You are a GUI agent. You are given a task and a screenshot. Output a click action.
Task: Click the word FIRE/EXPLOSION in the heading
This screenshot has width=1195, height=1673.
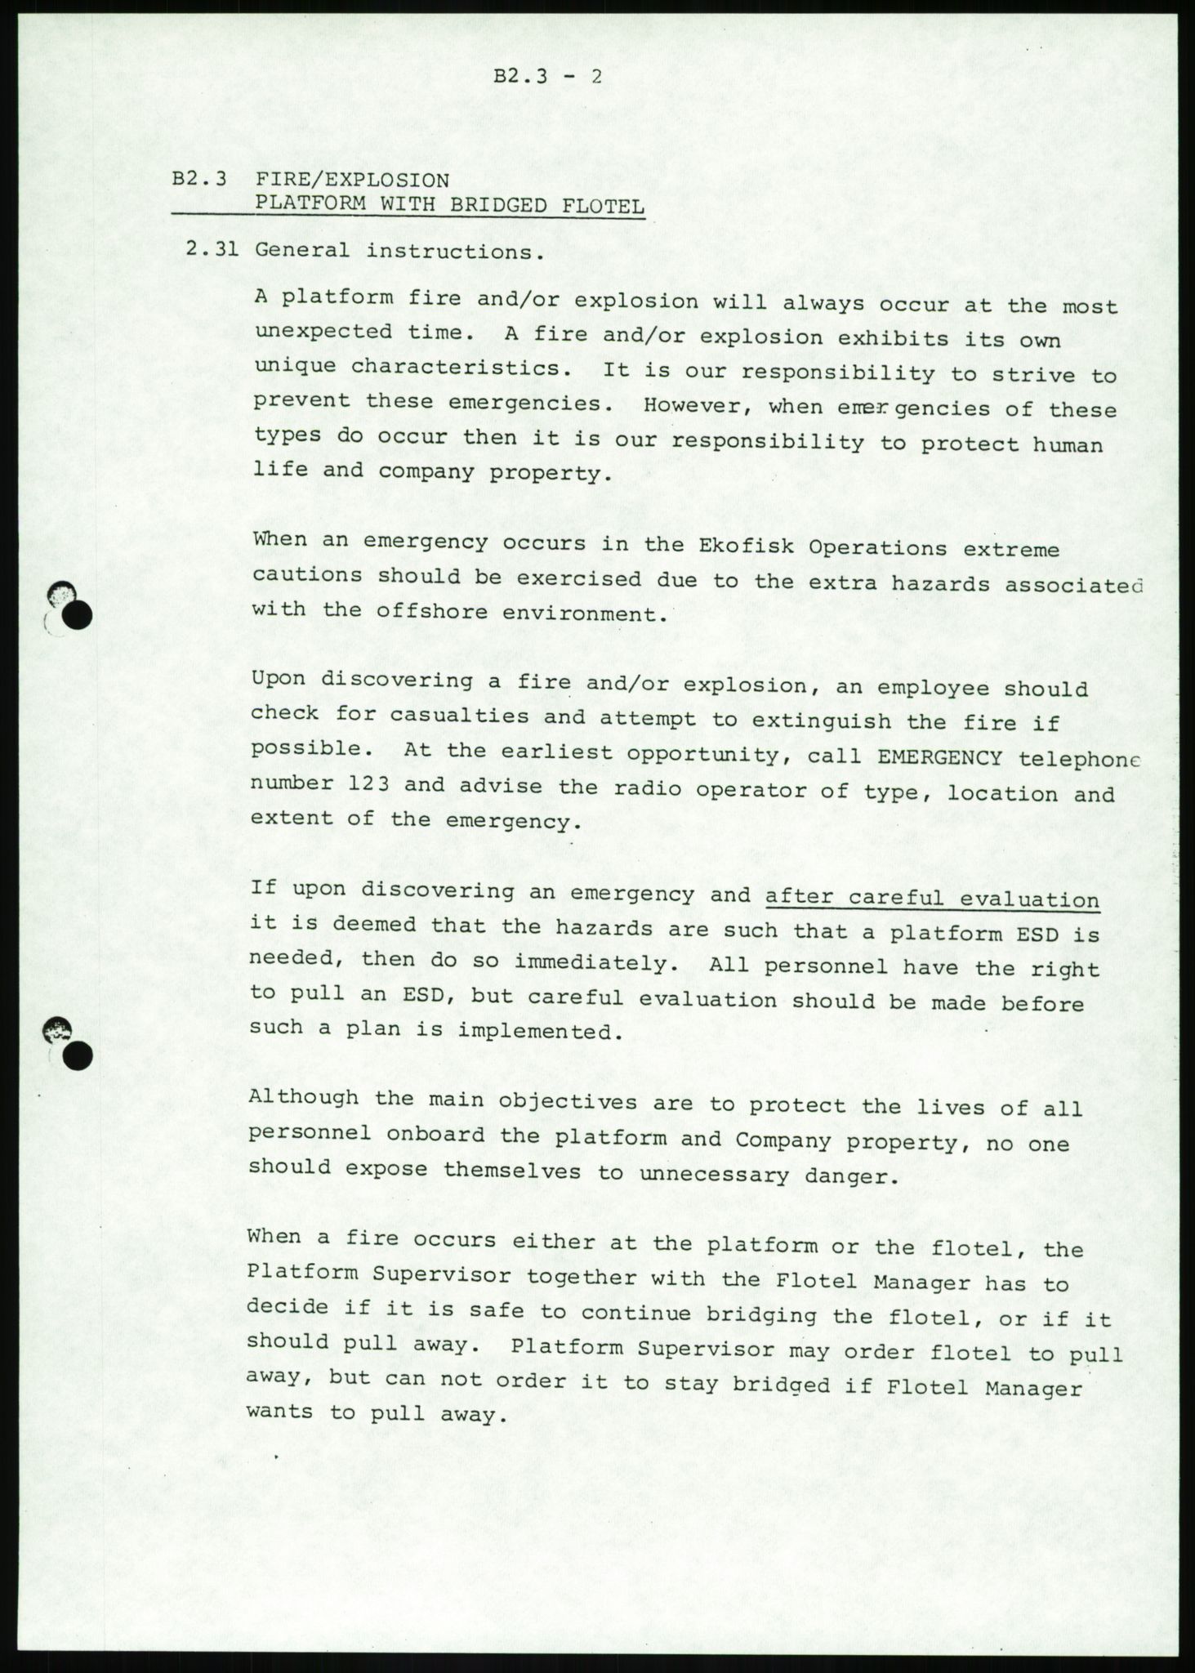point(352,180)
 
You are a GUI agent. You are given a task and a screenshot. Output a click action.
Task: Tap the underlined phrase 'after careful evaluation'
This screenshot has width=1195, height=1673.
point(932,899)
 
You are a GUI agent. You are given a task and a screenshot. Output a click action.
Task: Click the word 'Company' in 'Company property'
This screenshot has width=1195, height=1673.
point(783,1140)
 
